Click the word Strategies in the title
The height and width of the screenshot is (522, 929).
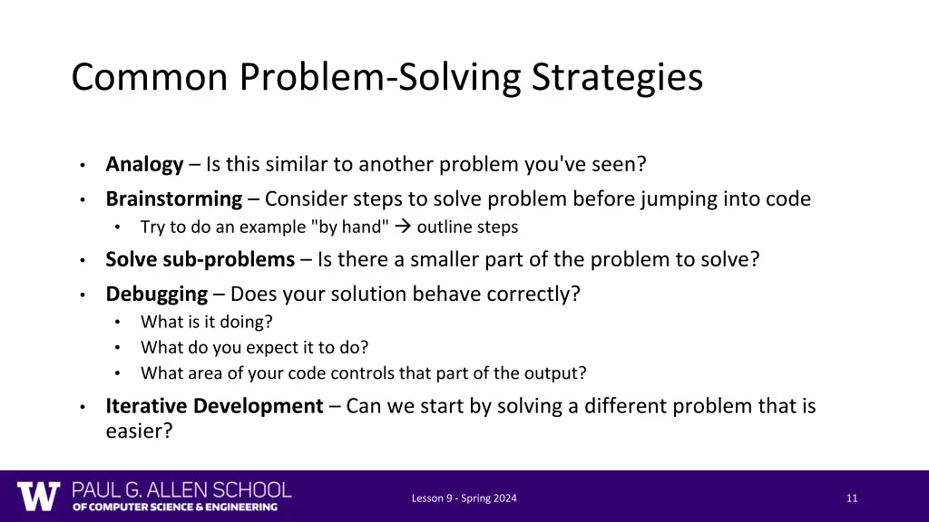[617, 77]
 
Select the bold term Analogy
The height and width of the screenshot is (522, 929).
[144, 164]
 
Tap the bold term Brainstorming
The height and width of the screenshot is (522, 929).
[173, 198]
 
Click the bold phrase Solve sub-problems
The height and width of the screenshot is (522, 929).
[200, 259]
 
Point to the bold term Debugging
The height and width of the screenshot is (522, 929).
[156, 294]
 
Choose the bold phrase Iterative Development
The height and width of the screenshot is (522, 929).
[214, 406]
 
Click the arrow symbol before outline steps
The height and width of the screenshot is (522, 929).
[404, 227]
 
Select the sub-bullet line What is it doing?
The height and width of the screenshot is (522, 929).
[206, 322]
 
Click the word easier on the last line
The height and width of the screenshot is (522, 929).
[138, 431]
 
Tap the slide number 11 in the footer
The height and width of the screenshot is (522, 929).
[851, 498]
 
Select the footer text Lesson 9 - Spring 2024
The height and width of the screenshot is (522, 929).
[464, 498]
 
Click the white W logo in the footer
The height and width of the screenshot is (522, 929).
[38, 497]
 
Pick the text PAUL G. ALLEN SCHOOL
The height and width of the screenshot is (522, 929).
[181, 490]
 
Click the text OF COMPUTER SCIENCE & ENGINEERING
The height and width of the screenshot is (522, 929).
[175, 507]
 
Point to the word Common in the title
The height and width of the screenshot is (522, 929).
[149, 77]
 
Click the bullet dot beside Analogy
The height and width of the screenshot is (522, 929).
[82, 165]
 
